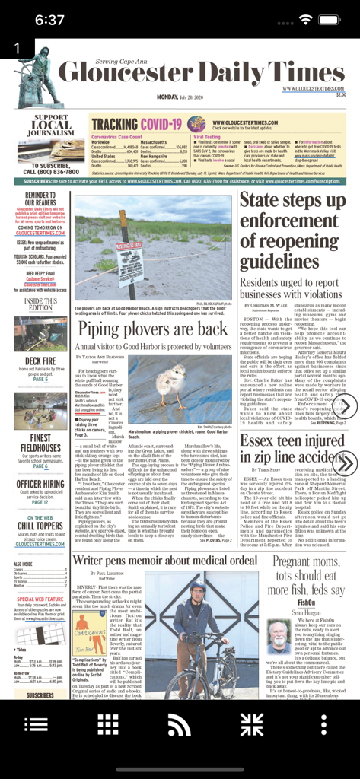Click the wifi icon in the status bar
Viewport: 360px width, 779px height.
click(x=306, y=19)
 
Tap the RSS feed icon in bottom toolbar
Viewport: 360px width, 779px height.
click(x=180, y=724)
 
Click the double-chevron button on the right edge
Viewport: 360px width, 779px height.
click(x=345, y=463)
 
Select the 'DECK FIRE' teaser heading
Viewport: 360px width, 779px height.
click(x=40, y=361)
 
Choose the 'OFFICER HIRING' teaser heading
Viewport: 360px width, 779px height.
click(x=40, y=484)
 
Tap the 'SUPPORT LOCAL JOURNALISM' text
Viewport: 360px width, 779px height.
click(x=51, y=126)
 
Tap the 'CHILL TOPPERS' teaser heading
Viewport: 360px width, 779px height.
click(x=40, y=526)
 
